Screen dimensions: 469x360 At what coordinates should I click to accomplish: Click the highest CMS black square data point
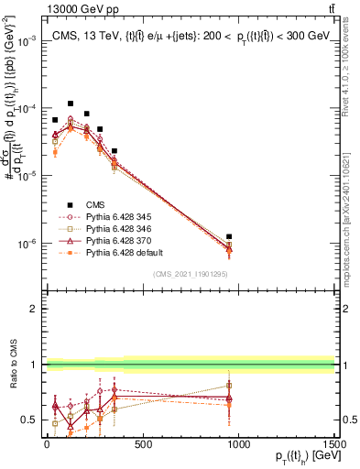71,104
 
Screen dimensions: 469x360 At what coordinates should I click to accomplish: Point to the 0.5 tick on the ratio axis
31,420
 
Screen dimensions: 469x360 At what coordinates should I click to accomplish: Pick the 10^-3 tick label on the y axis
25,41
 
